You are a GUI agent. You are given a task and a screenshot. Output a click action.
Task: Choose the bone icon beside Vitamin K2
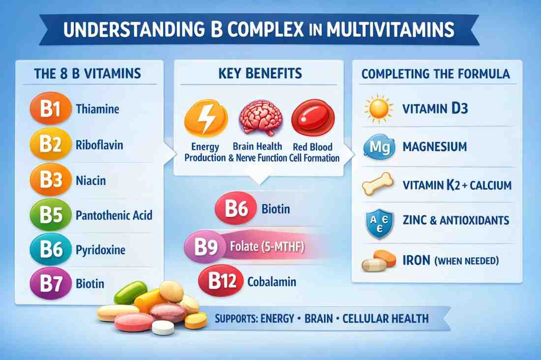pos(378,184)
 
